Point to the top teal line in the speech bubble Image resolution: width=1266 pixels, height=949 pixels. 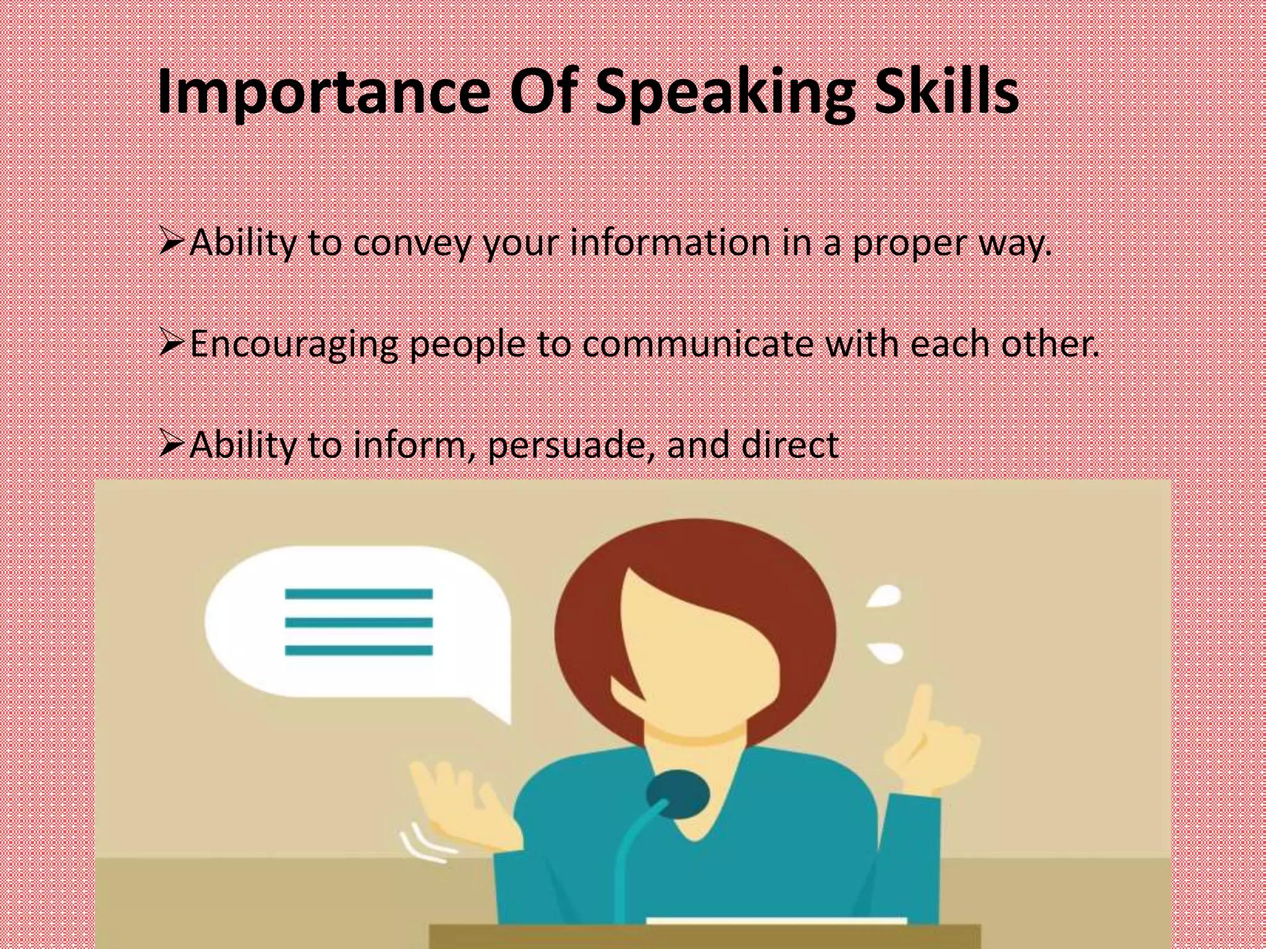tap(359, 594)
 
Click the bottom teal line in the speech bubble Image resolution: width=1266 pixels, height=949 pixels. tap(359, 650)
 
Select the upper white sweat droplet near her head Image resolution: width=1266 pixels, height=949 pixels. tap(885, 596)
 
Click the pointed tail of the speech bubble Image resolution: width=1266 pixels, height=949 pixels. tap(495, 711)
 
